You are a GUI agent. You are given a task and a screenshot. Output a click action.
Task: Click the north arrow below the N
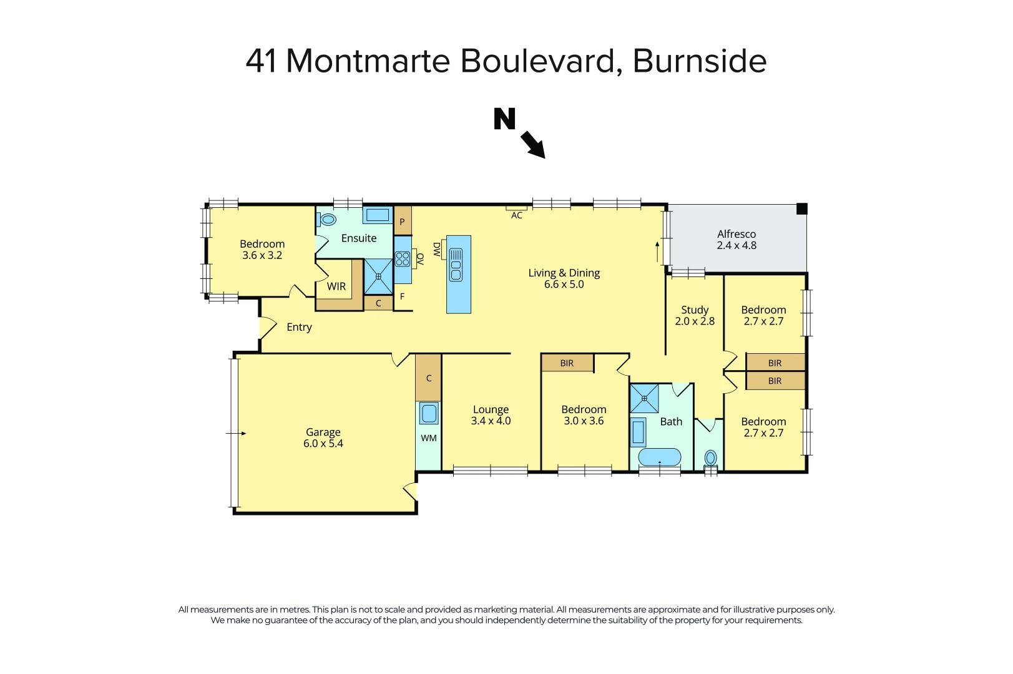click(x=532, y=144)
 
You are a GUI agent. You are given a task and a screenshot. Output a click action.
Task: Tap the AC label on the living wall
click(x=517, y=215)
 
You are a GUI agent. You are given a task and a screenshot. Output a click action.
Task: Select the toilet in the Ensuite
click(x=327, y=219)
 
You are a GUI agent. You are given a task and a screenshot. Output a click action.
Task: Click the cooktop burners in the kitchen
click(x=403, y=258)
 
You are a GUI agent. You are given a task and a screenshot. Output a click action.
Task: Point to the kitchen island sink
click(x=456, y=265)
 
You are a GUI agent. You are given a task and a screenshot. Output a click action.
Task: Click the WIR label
click(x=336, y=286)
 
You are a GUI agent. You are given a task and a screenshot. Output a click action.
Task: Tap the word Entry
click(x=299, y=327)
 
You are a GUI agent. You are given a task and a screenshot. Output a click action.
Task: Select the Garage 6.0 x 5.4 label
click(x=323, y=437)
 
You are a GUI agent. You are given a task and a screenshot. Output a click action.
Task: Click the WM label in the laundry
click(x=429, y=438)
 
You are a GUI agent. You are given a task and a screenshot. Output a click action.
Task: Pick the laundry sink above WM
click(x=429, y=413)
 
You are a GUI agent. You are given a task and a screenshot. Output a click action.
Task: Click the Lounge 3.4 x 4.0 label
click(x=491, y=415)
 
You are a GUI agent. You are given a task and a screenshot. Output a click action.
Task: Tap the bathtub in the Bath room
click(x=660, y=457)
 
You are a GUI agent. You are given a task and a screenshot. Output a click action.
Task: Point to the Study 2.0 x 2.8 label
click(x=695, y=315)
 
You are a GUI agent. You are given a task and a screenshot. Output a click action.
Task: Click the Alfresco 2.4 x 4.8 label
click(x=737, y=240)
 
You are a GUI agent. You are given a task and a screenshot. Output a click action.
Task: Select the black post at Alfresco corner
click(x=802, y=209)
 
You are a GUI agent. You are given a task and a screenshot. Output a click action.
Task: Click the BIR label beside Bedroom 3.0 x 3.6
click(x=567, y=363)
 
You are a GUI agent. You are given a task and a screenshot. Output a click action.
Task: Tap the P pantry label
click(x=402, y=222)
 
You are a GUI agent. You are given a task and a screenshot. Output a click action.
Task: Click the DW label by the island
click(x=437, y=250)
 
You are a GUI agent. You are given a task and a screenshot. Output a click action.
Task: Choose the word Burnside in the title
click(x=700, y=61)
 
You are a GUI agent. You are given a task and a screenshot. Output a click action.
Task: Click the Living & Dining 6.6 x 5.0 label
click(x=564, y=278)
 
